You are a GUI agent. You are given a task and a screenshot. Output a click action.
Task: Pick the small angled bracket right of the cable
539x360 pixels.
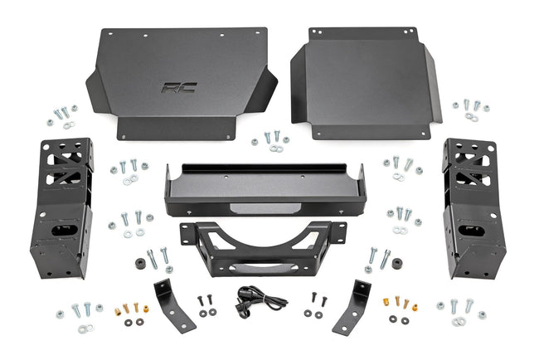pyautogui.click(x=355, y=305)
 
